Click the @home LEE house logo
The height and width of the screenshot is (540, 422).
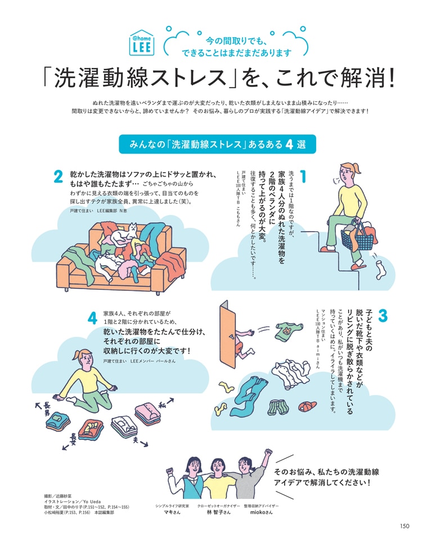point(142,43)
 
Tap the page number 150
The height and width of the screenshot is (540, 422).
point(405,526)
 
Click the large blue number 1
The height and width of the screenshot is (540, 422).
point(303,176)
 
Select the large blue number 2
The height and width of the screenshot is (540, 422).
point(58,177)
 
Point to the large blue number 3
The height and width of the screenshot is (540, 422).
point(383,316)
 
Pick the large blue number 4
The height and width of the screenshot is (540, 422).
point(92,318)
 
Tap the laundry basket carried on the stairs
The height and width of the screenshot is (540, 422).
point(357,235)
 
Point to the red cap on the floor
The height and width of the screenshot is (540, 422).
point(307,406)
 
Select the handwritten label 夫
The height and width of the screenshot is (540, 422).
point(136,439)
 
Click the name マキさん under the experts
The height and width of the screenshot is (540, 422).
point(172,512)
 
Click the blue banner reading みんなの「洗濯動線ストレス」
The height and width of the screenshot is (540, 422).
point(217,144)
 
